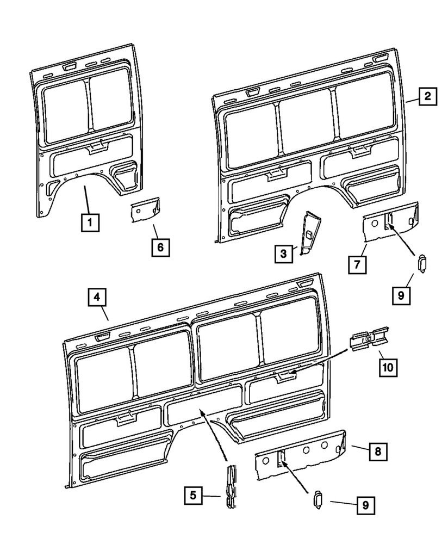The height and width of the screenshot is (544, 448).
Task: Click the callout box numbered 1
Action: tap(90, 222)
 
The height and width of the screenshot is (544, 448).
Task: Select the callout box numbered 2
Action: tap(428, 97)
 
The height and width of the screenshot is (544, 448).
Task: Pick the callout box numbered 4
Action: tap(96, 297)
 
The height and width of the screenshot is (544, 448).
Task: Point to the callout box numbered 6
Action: tap(160, 248)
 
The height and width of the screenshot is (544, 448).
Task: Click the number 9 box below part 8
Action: tap(366, 505)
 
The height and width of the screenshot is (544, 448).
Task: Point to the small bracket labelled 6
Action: tap(145, 210)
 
